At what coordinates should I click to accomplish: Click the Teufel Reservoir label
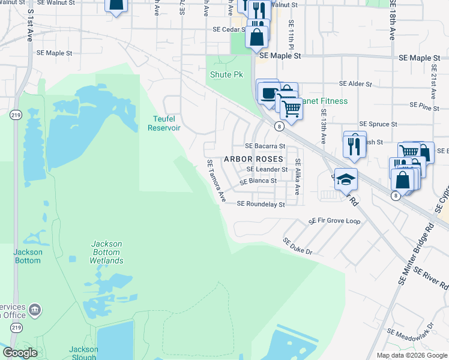164,123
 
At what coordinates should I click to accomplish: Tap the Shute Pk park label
226,75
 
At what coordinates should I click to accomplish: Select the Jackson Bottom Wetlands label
107,252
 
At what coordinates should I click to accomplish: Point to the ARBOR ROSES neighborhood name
253,159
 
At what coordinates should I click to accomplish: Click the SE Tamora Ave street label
216,180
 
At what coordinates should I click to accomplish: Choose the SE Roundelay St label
261,204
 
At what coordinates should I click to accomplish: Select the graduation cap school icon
346,179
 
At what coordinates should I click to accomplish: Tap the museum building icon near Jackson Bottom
35,310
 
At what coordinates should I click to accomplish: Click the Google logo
20,353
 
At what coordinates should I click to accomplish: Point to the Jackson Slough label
83,353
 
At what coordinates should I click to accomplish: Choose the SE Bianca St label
258,181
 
